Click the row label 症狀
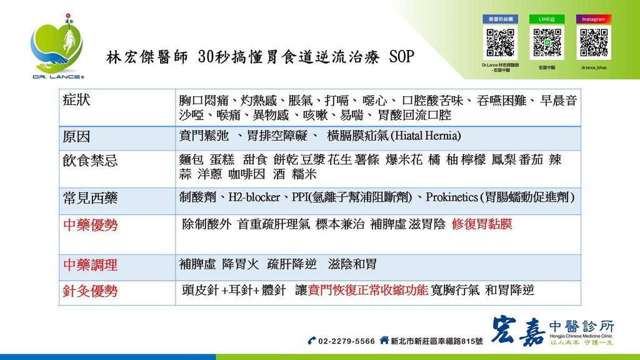pos(77,100)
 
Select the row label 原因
pos(77,137)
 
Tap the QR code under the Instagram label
pos(593,43)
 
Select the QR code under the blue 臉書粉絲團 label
pos(500,43)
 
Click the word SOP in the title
pos(401,57)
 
